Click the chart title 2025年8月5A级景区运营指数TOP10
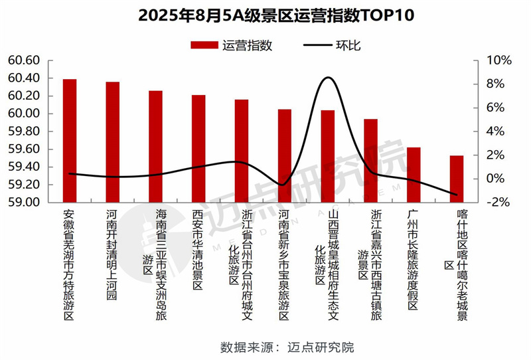click(x=265, y=15)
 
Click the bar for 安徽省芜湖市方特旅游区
click(x=70, y=140)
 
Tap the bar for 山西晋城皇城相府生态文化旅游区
click(x=328, y=156)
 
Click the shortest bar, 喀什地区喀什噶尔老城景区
click(x=457, y=179)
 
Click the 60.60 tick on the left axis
click(x=25, y=60)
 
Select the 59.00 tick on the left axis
click(x=25, y=202)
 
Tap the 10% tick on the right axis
click(x=498, y=60)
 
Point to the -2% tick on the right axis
click(x=498, y=202)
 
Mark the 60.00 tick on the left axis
click(x=25, y=114)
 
